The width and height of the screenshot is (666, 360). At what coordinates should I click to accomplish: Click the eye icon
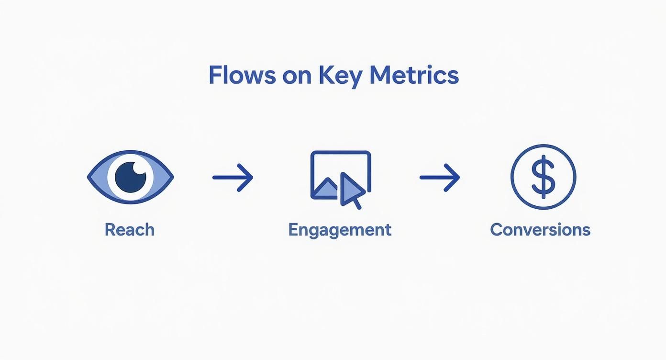[130, 177]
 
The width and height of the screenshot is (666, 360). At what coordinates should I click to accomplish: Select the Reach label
[130, 230]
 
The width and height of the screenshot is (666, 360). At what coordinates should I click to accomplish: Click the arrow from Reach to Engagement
[233, 177]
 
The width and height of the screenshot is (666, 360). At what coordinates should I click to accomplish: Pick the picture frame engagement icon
[340, 175]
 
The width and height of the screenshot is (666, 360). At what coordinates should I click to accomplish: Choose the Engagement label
[340, 230]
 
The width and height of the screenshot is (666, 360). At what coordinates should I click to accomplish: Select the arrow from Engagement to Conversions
[440, 177]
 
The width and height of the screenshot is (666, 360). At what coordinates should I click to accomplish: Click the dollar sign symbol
[543, 177]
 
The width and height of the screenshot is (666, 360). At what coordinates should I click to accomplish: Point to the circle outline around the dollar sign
[512, 177]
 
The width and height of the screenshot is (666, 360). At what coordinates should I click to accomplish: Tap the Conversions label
[540, 230]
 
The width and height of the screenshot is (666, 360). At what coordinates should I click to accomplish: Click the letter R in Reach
[110, 230]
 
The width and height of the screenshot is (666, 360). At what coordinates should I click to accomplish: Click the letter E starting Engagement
[293, 230]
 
